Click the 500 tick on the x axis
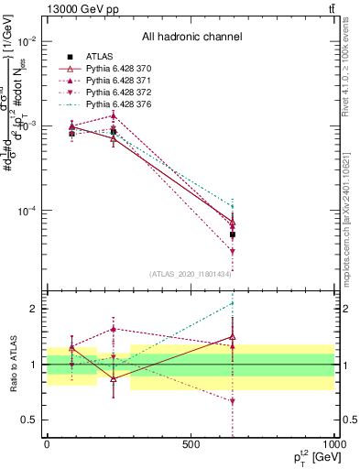[x=191, y=445]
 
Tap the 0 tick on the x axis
[x=47, y=445]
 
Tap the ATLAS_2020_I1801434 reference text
[x=191, y=274]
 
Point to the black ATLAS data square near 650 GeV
[x=233, y=234]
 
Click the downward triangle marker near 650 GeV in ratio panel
[x=233, y=401]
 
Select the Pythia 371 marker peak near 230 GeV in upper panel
[x=113, y=115]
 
